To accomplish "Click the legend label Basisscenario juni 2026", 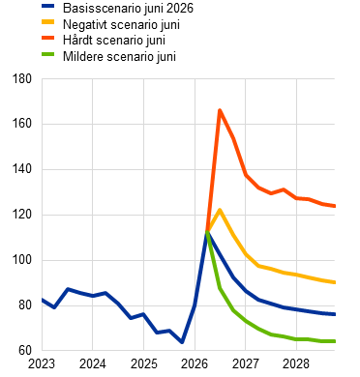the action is [x=128, y=9].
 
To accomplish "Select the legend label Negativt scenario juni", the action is [x=121, y=24].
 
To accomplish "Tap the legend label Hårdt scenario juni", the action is [x=114, y=41].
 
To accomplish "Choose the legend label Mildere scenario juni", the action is [x=119, y=56].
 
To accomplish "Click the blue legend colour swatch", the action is [x=48, y=6].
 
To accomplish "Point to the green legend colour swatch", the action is [x=48, y=54].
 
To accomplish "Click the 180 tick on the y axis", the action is [x=22, y=79].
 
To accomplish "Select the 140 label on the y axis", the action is [x=22, y=169].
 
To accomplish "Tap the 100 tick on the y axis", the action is [x=22, y=260].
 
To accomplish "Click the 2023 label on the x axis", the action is [x=42, y=364].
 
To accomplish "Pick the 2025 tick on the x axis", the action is [x=143, y=364].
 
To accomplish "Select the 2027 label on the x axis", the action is [x=246, y=364].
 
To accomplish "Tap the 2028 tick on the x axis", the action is [x=296, y=364].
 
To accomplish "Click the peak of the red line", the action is [x=220, y=110].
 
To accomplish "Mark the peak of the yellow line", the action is [x=220, y=210].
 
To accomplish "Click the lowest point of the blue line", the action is [x=182, y=342].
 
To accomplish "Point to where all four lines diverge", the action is [x=207, y=231].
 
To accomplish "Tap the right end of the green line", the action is [x=335, y=341].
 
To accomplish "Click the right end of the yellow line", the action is [x=335, y=282].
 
